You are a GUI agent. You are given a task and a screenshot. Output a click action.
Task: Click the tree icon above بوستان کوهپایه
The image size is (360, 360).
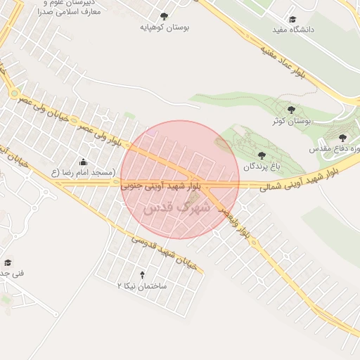click(x=164, y=15)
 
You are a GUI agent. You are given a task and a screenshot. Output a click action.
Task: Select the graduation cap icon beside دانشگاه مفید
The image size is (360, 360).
click(x=292, y=19)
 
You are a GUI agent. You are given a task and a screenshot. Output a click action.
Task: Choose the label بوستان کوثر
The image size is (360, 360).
click(x=292, y=121)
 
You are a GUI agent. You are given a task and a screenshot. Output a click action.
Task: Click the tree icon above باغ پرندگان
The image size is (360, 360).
click(x=262, y=155)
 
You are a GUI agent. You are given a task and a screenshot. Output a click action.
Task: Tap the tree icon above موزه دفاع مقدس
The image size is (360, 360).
click(x=342, y=138)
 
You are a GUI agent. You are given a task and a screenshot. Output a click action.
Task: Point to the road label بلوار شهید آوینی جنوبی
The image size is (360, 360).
click(x=162, y=186)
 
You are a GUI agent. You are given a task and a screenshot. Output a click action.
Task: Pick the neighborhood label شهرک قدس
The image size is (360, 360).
click(x=167, y=209)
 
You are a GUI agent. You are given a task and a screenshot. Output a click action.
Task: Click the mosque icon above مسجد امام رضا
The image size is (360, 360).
click(x=83, y=162)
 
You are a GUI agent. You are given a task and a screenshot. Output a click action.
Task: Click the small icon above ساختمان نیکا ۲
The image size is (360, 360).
click(x=143, y=274)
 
